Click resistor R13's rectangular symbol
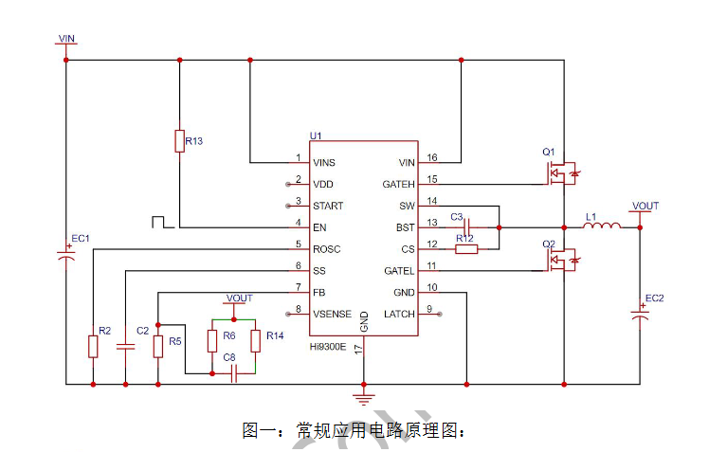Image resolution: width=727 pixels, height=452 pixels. (x=179, y=141)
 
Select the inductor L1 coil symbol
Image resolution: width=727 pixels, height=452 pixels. (x=601, y=226)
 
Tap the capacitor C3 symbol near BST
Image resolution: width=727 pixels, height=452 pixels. (x=467, y=227)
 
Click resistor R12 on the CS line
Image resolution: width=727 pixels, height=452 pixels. (x=466, y=249)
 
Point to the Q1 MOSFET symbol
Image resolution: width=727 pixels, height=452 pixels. (x=562, y=173)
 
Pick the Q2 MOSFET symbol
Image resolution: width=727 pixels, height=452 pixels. (x=562, y=260)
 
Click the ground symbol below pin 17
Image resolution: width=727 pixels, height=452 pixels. (x=364, y=399)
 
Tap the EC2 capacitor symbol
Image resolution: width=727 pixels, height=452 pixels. (x=640, y=316)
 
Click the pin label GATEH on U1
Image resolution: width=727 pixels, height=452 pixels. (x=398, y=185)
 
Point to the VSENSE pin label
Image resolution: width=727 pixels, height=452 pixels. (x=332, y=315)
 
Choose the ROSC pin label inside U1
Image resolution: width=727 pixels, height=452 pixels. (x=326, y=249)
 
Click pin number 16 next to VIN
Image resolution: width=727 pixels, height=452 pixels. (x=432, y=157)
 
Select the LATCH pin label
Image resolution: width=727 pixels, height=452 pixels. (x=399, y=315)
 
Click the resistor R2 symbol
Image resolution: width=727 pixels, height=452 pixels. (x=93, y=346)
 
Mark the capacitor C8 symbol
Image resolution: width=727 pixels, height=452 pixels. (x=234, y=373)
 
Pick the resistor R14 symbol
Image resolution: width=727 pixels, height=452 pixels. (x=256, y=341)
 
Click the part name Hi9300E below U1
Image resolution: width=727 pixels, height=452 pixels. (x=328, y=347)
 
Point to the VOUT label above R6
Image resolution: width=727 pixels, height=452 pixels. (x=239, y=298)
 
